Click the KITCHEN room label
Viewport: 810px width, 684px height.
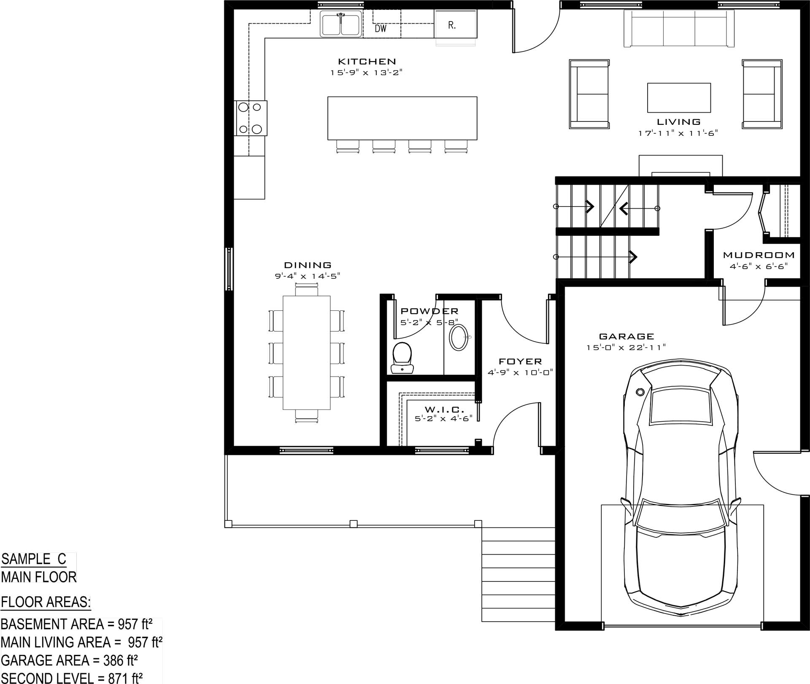(367, 62)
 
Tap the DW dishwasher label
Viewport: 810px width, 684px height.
(381, 29)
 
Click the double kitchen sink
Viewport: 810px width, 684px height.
(341, 24)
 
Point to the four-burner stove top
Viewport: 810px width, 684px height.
(251, 118)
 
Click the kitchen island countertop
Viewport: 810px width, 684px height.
(402, 118)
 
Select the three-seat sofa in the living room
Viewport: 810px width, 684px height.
(679, 28)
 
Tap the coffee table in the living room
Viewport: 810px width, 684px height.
(679, 98)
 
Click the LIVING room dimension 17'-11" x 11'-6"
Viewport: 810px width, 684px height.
(678, 133)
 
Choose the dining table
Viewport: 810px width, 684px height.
(306, 353)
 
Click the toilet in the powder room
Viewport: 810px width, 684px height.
(402, 358)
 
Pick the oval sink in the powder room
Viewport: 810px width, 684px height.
(458, 337)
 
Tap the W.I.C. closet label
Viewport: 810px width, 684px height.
(444, 409)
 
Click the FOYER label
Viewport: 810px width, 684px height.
(520, 361)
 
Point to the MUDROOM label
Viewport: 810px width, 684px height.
(759, 255)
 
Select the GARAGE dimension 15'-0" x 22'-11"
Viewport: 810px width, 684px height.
(626, 347)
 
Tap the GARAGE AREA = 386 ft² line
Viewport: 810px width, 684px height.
(70, 660)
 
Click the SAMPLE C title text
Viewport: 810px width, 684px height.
(34, 559)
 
